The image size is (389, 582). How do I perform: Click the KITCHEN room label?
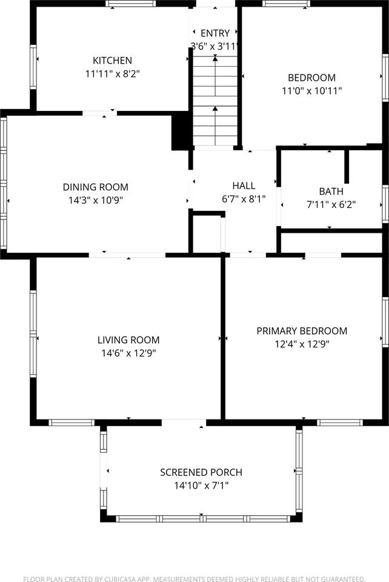(x=112, y=61)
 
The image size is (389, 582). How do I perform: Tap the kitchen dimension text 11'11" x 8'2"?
(x=112, y=74)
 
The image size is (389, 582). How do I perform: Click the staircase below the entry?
(x=214, y=100)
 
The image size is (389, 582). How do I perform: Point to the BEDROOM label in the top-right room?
(x=311, y=78)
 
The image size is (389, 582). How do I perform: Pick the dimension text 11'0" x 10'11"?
(x=311, y=91)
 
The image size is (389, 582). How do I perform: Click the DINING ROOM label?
(x=96, y=187)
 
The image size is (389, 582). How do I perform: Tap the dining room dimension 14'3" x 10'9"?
(x=96, y=200)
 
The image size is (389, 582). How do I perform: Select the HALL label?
(x=244, y=186)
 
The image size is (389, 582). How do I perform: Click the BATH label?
(x=331, y=192)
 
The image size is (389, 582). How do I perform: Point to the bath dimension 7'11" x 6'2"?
(x=331, y=205)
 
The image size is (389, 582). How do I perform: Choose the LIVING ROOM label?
(x=128, y=340)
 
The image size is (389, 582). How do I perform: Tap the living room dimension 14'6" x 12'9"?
(x=128, y=353)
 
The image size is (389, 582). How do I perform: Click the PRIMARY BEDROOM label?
(x=302, y=331)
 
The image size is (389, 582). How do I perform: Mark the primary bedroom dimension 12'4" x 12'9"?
(x=302, y=344)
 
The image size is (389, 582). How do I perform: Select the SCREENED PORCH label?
(x=201, y=472)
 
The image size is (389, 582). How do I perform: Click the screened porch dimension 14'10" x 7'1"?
(x=201, y=486)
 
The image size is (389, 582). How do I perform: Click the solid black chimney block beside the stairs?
(x=181, y=131)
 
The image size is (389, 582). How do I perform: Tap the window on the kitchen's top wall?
(x=130, y=4)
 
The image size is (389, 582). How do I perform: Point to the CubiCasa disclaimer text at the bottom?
(x=194, y=579)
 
